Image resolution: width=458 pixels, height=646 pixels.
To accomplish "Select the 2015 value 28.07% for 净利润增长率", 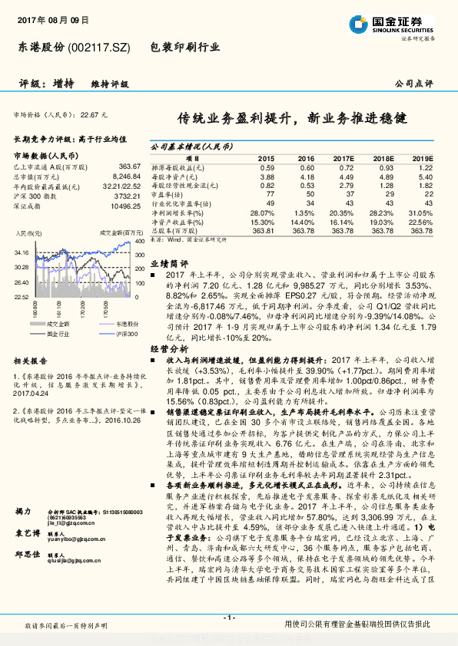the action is [x=262, y=213].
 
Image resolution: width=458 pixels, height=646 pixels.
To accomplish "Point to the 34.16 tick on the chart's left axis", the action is [x=21, y=252].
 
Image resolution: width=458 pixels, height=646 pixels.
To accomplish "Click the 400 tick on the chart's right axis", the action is [x=139, y=241].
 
